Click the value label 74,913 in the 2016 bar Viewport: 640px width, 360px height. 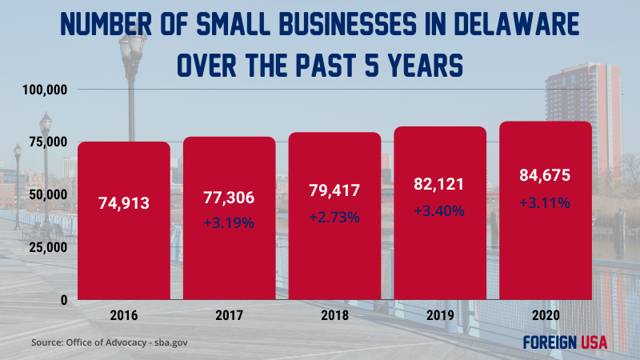point(123,203)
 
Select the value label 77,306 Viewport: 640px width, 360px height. point(229,195)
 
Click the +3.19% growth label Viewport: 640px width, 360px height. point(229,223)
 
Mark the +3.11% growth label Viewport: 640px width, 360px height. point(545,203)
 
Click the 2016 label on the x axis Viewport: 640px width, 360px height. point(123,316)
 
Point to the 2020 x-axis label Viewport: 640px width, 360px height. point(545,316)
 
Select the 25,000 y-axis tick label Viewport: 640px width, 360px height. point(46,246)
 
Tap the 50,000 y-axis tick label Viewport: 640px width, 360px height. point(46,194)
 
